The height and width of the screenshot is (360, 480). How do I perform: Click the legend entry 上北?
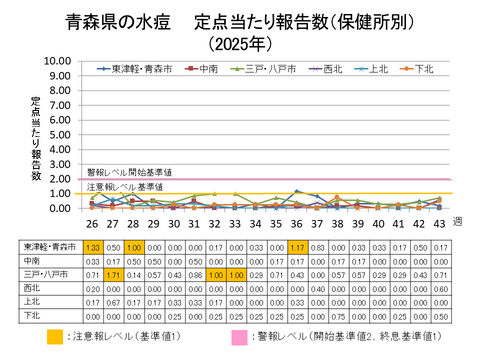coord(373,69)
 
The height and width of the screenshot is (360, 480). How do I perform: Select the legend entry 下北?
coord(421,69)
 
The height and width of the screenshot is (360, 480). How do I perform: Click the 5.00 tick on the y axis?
coord(56,134)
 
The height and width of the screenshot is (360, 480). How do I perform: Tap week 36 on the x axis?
coord(297,224)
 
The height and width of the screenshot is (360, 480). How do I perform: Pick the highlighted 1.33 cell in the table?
coord(92,246)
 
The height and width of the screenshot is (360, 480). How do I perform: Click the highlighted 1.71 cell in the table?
coord(114,272)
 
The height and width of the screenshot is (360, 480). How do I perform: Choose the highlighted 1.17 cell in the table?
coord(297,246)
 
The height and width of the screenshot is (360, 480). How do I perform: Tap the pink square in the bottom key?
coord(241,337)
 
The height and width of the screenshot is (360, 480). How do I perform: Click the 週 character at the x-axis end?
coord(458,221)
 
